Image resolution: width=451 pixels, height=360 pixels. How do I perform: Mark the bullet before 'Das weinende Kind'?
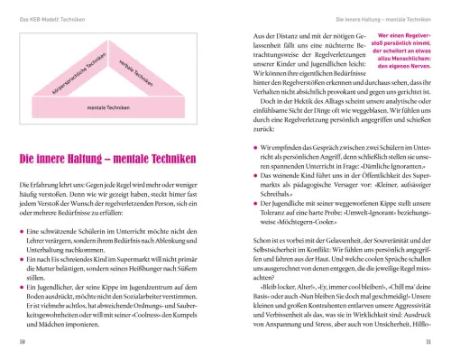coord(244,162)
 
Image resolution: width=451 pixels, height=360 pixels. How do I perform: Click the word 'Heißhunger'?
coord(152,271)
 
